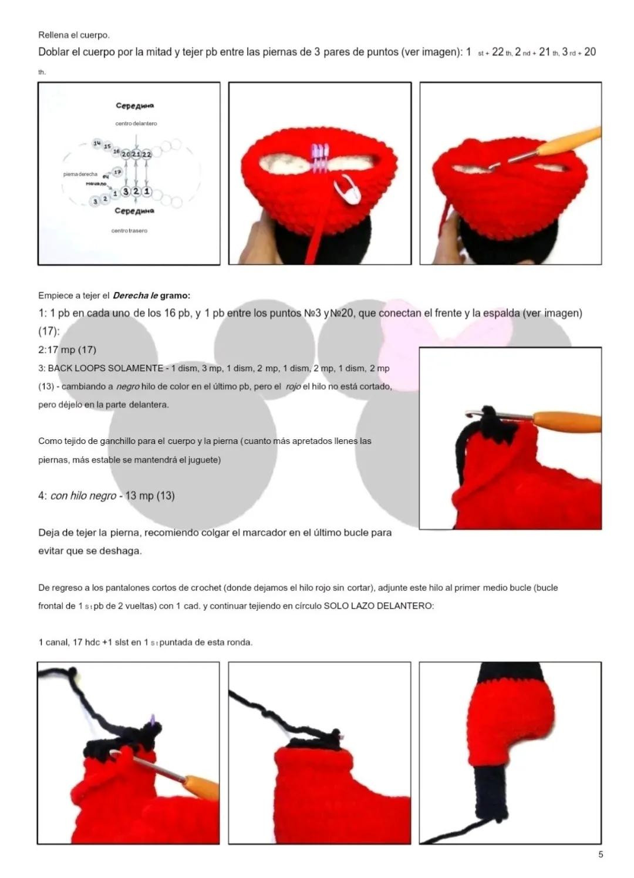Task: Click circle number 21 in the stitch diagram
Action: click(136, 154)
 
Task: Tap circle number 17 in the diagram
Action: click(117, 172)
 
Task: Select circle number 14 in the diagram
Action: click(97, 143)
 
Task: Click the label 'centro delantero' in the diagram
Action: click(136, 124)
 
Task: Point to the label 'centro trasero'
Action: click(129, 231)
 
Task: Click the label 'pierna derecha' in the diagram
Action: click(80, 174)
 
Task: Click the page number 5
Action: click(601, 855)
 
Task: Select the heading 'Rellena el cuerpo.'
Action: click(73, 35)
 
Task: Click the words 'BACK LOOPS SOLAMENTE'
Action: click(106, 368)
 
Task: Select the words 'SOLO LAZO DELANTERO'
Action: click(378, 606)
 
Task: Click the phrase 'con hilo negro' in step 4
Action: click(83, 496)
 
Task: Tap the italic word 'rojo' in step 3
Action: click(293, 386)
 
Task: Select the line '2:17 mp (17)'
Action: click(68, 350)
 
